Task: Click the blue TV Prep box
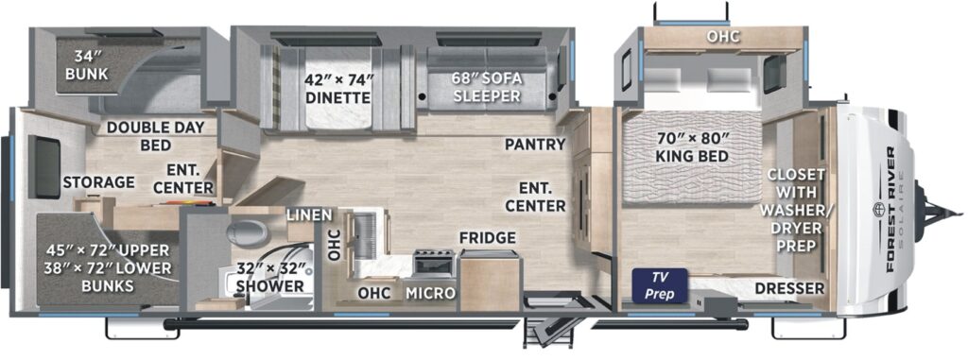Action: tap(660, 285)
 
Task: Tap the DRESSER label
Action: tap(789, 288)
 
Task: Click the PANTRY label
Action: tap(535, 145)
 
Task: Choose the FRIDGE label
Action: tap(487, 238)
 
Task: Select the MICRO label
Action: tap(430, 293)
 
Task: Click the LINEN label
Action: tap(310, 214)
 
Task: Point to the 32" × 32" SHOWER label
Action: tap(271, 278)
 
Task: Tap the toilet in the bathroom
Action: tap(247, 232)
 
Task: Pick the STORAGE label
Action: tap(98, 182)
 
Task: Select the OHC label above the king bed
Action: tap(723, 37)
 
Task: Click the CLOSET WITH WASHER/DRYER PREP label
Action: tap(796, 210)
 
